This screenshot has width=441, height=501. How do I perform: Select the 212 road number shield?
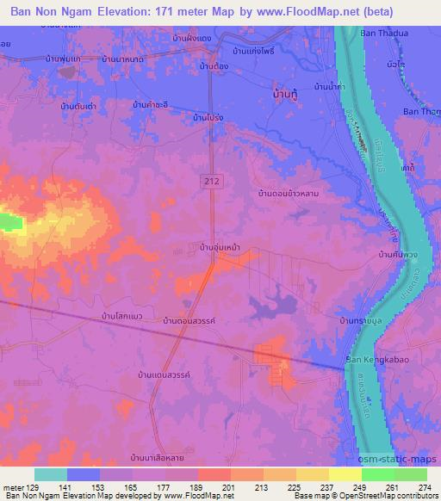212,180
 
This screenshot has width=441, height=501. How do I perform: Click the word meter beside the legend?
13,486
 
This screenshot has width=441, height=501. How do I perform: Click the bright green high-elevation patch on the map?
10,222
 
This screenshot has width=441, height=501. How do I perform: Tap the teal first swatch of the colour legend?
50,474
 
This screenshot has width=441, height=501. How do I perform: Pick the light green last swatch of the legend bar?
410,474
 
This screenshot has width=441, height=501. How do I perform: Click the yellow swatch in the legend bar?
345,474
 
